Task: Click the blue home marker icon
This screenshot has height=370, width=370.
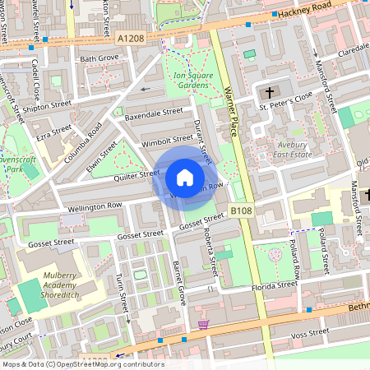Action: tap(185, 177)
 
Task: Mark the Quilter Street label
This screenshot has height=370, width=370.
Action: tap(136, 174)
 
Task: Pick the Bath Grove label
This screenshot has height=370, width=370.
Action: tap(99, 59)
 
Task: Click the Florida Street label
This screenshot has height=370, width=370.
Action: tap(275, 286)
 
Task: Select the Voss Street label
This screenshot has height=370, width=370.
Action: tap(310, 332)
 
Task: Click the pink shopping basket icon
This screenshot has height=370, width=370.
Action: tap(203, 325)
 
